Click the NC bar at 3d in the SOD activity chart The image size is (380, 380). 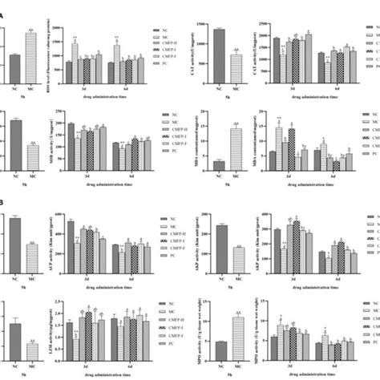click(70, 144)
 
